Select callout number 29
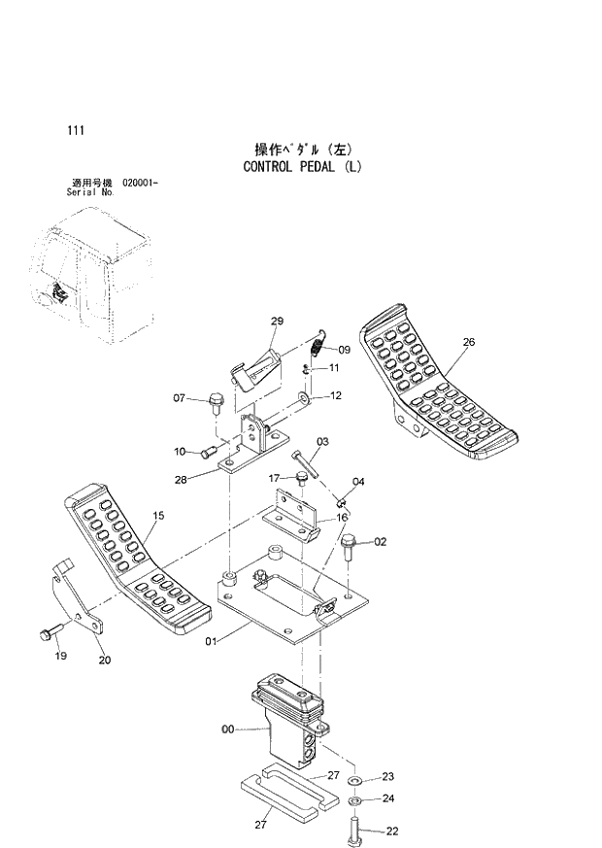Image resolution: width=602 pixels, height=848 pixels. coord(277,322)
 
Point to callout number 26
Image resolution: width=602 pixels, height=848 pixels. coord(469,342)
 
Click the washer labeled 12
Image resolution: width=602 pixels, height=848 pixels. coord(307,397)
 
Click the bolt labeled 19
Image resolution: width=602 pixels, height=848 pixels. coord(47,635)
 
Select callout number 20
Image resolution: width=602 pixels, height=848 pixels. coord(105,661)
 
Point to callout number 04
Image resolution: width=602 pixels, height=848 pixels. coord(358,482)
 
